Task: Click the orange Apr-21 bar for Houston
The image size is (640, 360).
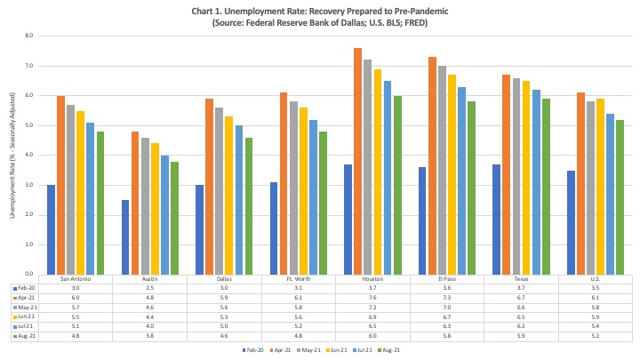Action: [x=357, y=160]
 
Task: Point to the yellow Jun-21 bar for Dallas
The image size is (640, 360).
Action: [x=229, y=195]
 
